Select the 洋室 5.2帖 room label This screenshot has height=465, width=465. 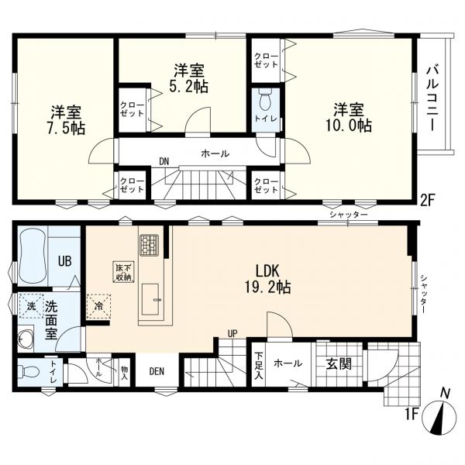pyautogui.click(x=190, y=78)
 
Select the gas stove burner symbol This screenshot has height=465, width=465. pyautogui.click(x=149, y=245)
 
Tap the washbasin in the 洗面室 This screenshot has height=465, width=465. pyautogui.click(x=26, y=339)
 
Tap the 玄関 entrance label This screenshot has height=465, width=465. pyautogui.click(x=338, y=363)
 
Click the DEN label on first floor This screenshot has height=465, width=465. pyautogui.click(x=158, y=370)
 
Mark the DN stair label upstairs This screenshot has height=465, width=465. pyautogui.click(x=164, y=162)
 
